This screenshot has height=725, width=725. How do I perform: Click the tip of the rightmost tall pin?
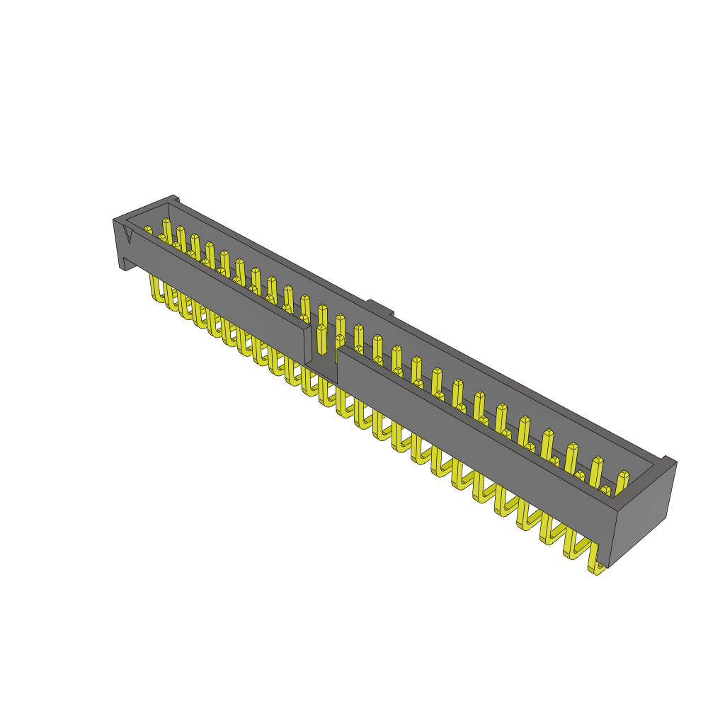(624, 475)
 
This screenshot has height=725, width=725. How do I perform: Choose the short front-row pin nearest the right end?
(605, 491)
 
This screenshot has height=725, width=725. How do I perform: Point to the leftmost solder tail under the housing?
(154, 290)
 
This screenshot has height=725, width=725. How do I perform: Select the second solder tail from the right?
(572, 549)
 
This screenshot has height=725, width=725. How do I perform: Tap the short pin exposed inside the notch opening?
(322, 340)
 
